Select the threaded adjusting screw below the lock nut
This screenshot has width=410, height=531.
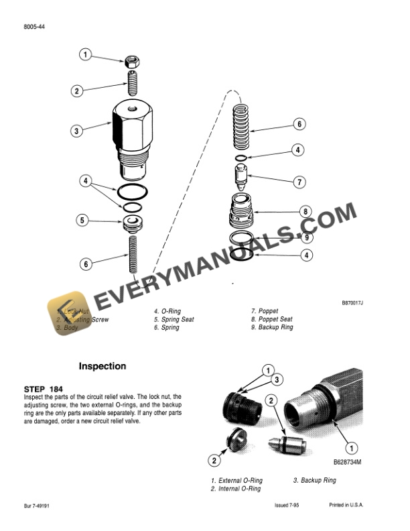[133, 86]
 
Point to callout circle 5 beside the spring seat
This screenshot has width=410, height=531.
[83, 219]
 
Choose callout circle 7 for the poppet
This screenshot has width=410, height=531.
[300, 182]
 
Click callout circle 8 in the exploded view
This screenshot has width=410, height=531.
[305, 212]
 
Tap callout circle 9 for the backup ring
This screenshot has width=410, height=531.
[305, 237]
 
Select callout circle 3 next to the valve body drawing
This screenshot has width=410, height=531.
[78, 131]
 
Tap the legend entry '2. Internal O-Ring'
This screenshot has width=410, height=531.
[236, 489]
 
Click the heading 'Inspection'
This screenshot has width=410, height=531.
[102, 367]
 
